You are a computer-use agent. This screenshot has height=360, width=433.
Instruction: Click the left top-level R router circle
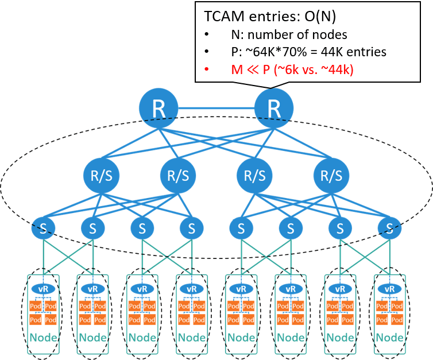159,107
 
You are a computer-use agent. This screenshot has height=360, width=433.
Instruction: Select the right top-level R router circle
274,107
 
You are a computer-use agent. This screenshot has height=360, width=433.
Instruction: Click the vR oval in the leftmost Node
43,289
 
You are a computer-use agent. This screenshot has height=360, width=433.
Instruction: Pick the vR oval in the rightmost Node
389,289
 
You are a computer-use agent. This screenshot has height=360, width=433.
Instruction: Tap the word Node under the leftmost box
43,337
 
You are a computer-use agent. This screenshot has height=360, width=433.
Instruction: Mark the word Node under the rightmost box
389,337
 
